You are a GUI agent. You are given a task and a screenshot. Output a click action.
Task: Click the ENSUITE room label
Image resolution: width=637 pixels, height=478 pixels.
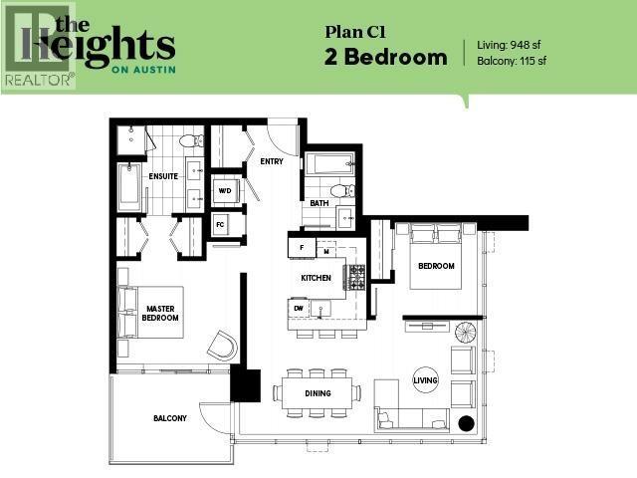pos(162,176)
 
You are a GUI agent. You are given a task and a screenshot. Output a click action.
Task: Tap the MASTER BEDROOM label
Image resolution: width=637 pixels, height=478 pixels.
pos(161,313)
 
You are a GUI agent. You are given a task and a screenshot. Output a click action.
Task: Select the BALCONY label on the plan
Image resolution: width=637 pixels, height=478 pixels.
pos(169,418)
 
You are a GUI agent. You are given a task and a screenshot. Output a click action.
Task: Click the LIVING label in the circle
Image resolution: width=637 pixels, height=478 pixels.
pos(425,378)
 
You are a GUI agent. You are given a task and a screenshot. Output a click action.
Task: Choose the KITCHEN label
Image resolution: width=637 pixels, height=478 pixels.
pos(316,278)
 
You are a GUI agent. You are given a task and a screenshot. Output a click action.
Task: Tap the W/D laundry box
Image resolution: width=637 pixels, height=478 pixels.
pos(225,190)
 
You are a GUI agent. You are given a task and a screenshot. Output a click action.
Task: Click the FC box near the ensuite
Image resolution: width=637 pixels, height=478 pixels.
pos(221,224)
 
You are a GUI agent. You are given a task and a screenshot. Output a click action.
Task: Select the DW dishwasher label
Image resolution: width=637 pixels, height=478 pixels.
pos(299,309)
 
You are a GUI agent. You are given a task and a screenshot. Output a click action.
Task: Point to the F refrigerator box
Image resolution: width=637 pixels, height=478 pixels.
pos(301,246)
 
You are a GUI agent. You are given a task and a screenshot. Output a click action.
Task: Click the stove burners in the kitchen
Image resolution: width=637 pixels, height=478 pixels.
pos(354,277)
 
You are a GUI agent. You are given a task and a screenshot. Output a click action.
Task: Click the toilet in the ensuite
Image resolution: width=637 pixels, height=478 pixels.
pos(191,141)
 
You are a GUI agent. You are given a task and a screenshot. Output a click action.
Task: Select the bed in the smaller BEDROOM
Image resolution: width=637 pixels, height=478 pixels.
pos(435,259)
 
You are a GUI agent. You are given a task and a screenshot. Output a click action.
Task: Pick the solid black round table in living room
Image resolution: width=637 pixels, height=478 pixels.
pos(465,422)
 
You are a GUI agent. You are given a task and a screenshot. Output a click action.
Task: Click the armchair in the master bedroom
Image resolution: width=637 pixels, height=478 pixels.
pos(222,346)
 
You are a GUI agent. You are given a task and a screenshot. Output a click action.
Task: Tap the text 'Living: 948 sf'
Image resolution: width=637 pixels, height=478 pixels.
pos(512,45)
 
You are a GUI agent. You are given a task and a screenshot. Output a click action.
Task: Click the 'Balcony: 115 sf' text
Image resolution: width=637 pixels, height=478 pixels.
pos(513,61)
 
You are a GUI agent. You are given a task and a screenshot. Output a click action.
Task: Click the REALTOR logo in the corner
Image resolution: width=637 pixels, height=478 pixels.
pos(38,46)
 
